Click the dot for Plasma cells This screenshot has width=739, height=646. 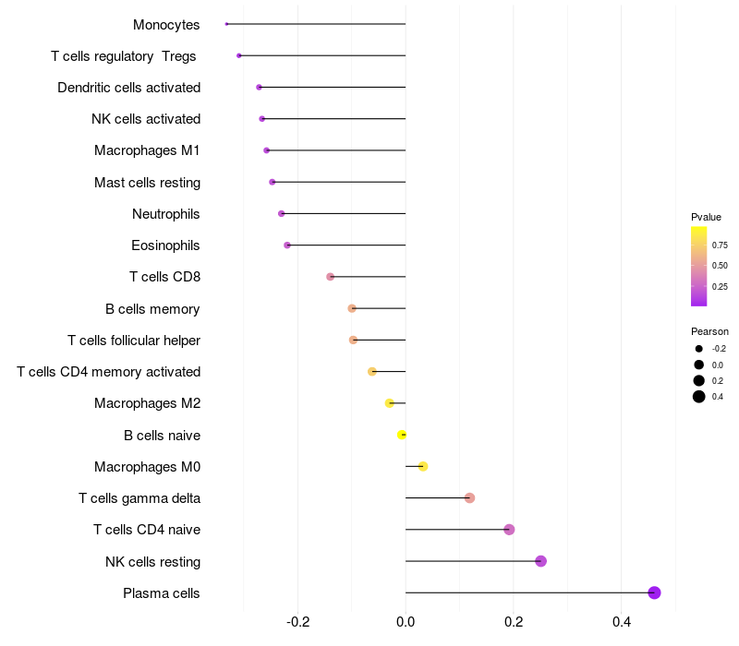tap(654, 592)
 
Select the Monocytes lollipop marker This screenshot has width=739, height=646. tap(226, 24)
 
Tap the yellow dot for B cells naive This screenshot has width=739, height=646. tap(402, 435)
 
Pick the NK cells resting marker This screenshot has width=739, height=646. tap(540, 561)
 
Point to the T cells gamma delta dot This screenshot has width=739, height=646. tap(469, 498)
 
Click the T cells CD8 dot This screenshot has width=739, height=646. tap(330, 277)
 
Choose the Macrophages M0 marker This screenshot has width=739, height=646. tap(423, 466)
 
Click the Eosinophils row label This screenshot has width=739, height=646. tap(165, 245)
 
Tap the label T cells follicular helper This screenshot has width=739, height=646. tap(134, 341)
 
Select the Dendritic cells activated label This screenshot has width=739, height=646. tap(128, 88)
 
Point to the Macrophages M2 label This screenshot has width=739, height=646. tap(147, 403)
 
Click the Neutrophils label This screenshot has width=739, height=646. tap(166, 214)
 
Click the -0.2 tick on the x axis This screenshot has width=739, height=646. tap(297, 622)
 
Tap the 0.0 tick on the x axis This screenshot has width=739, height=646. tap(406, 622)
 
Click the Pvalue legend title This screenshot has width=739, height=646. tap(706, 217)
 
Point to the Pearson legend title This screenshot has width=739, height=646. tap(709, 331)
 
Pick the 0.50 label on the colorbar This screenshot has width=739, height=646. tap(719, 266)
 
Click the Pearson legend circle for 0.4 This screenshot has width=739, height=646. tap(699, 397)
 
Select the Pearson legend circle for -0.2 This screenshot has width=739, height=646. tap(699, 349)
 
